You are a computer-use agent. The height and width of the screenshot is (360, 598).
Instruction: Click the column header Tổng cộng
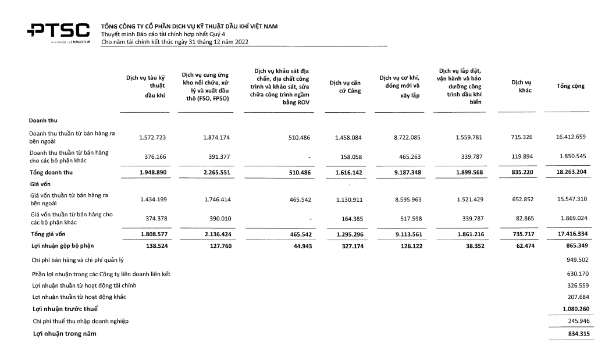click(x=570, y=86)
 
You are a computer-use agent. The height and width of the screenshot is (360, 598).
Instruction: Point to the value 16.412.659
click(x=571, y=137)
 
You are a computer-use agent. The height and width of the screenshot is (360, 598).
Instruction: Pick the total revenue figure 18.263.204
click(x=571, y=173)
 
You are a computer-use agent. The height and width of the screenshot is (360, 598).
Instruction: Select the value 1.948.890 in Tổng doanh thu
click(x=153, y=173)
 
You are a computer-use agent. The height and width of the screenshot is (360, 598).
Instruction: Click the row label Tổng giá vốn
click(x=47, y=234)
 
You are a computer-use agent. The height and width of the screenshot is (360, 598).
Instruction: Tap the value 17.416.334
click(x=571, y=234)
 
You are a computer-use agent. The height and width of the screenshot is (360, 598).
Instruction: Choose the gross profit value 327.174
click(x=350, y=246)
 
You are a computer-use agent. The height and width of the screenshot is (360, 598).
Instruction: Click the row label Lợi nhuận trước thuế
click(x=65, y=308)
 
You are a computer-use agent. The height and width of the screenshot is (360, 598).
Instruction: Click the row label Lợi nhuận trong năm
click(x=65, y=333)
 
